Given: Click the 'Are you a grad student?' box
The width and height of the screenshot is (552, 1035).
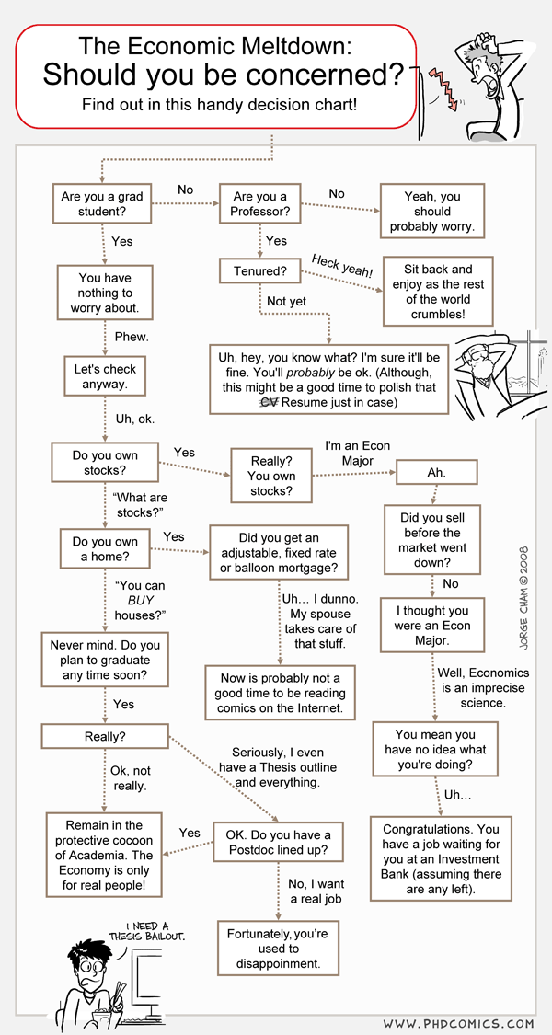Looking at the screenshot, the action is [x=102, y=204].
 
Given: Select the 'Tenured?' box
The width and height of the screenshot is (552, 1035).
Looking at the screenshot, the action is [x=259, y=270].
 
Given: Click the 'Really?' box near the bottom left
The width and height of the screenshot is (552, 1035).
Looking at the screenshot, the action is [x=105, y=736].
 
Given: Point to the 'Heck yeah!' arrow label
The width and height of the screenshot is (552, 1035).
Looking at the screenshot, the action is [x=342, y=265].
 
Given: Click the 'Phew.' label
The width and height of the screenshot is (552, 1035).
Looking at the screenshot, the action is [x=132, y=336].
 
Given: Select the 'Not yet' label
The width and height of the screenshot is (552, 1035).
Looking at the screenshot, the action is [x=286, y=301].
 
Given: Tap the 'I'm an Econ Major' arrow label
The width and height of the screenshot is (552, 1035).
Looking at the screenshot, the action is [x=357, y=453].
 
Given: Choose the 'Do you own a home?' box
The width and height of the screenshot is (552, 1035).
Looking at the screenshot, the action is [x=105, y=549].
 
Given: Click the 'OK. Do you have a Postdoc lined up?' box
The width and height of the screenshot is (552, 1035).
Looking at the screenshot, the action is [x=278, y=841].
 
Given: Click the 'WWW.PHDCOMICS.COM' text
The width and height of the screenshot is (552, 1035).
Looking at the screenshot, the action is [x=458, y=1023].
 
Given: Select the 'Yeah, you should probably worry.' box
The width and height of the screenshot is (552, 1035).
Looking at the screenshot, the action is [x=432, y=212].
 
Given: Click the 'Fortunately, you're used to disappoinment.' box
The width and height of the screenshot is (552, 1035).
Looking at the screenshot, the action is [x=278, y=948].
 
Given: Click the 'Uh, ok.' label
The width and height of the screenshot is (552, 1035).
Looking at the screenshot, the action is [x=135, y=420].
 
